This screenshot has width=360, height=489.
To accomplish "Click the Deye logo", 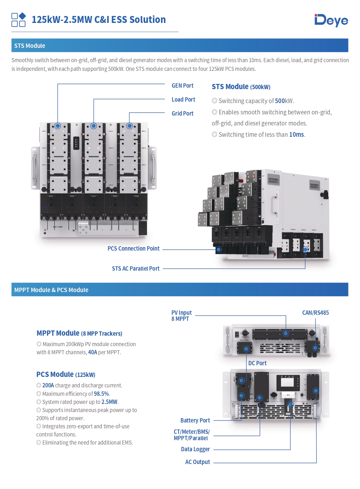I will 331,20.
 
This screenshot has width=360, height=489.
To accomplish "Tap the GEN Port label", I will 182,86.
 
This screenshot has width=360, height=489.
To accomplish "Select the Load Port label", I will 183,100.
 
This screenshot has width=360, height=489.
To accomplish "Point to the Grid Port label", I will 182,114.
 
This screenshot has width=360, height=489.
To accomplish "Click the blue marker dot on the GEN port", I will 58,126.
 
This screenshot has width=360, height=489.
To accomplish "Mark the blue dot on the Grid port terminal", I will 129,126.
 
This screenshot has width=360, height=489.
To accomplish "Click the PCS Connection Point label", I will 133,249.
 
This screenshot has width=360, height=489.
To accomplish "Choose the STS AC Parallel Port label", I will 136,269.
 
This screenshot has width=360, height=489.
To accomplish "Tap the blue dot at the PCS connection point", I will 219,249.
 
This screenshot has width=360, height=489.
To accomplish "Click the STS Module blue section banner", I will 180,46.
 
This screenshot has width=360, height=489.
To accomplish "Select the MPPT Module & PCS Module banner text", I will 51,290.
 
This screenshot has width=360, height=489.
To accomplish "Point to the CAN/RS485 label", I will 315,313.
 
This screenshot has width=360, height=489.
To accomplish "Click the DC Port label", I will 257,363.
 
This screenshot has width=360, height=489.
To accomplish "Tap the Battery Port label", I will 195,420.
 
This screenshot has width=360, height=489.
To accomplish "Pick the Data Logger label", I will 195,449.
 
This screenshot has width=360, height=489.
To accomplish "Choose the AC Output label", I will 198,462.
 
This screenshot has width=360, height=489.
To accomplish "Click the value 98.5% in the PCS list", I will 101,394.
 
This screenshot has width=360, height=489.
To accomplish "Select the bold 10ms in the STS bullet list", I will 296,134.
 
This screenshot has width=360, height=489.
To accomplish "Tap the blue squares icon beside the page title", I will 19,20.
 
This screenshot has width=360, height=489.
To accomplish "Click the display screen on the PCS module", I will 287,382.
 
